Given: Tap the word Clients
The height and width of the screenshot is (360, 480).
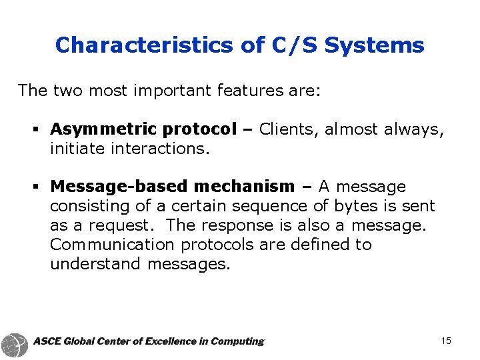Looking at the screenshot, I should click(x=288, y=129).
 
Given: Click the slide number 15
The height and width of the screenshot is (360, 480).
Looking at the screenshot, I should click(x=446, y=341).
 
